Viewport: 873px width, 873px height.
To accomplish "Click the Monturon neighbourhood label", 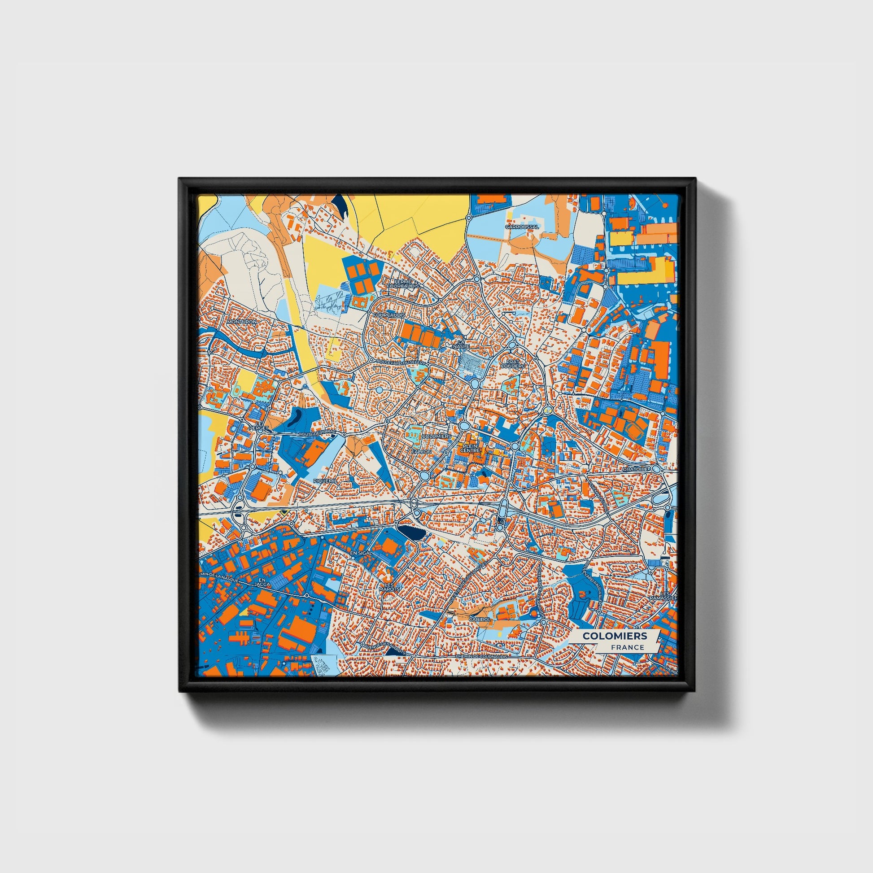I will pyautogui.click(x=242, y=322).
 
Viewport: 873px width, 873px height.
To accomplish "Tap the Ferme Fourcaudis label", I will pyautogui.click(x=403, y=284).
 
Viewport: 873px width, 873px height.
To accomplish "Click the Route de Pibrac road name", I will pyautogui.click(x=318, y=434).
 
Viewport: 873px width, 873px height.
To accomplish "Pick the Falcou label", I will pyautogui.click(x=422, y=451).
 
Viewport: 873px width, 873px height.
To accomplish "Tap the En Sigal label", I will pyautogui.click(x=361, y=553).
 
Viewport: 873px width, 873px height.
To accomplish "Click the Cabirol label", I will pyautogui.click(x=480, y=619).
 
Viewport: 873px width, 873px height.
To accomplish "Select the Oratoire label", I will pyautogui.click(x=635, y=470).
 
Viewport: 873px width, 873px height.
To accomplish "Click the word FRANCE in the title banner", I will pyautogui.click(x=628, y=647).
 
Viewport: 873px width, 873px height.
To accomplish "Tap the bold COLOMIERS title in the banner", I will pyautogui.click(x=614, y=636).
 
